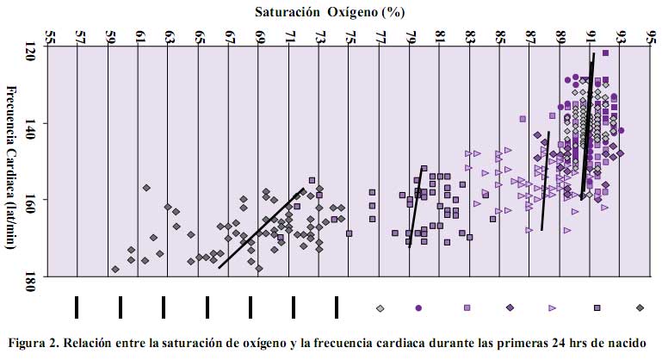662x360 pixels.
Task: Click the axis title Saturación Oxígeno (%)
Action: [x=331, y=12]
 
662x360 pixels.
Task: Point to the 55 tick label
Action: [x=48, y=37]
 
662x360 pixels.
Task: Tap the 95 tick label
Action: [x=652, y=37]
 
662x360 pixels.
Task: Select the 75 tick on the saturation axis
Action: [x=350, y=37]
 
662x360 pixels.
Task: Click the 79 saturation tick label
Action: [x=411, y=37]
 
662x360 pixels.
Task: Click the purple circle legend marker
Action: [x=418, y=307]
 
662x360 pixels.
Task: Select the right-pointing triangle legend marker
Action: [x=553, y=307]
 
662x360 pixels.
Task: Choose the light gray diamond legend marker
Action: [x=380, y=307]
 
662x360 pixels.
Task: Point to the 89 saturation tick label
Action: [x=561, y=37]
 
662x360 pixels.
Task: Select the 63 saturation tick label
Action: [x=170, y=37]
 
